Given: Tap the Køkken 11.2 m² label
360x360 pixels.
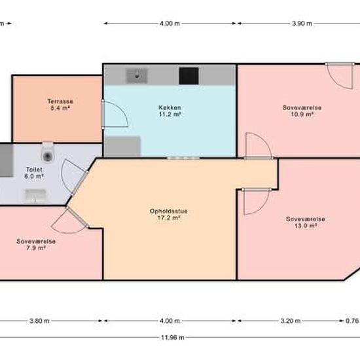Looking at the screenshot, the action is pos(170,111).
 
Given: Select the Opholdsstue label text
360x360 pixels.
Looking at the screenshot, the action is pos(168,211).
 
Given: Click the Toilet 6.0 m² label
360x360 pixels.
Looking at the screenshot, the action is pos(34,173).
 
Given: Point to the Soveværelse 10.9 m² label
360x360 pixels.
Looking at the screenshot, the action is pos(302,111).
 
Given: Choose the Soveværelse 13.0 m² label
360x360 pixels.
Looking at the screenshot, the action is pos(306,223).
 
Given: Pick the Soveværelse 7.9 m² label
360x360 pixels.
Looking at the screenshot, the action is pos(36,245).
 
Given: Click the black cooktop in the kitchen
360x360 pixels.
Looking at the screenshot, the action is pos(189,76).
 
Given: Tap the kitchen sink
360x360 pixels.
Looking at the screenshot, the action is pos(137,76).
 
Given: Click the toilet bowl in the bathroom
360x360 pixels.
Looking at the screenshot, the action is pos(48,153).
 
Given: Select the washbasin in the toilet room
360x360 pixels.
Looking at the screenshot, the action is pos(35,196).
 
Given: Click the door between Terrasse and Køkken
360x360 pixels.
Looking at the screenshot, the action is pos(115,114).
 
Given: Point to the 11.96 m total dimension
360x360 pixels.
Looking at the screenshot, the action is pos(172,338).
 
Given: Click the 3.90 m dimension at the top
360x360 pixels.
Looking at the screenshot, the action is pos(302,24).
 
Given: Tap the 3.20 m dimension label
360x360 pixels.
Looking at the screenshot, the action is pos(291,321).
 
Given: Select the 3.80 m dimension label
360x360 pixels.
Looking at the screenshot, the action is pos(39,321).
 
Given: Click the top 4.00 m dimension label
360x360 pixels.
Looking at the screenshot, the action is pos(170,24).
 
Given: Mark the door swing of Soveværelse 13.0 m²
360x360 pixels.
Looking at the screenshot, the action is pos(257,202).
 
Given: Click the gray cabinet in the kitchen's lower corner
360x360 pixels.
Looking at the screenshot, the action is pos(122,146).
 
